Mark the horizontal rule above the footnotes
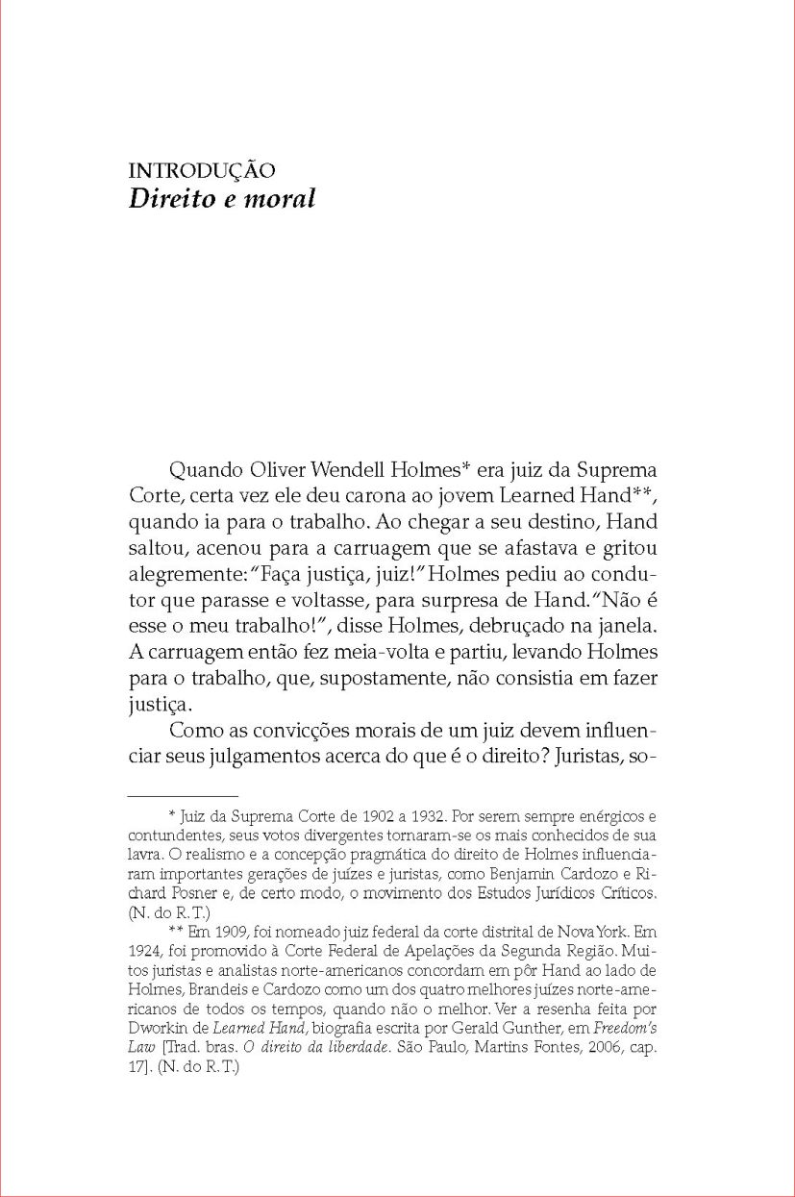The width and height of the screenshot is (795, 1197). point(183,796)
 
